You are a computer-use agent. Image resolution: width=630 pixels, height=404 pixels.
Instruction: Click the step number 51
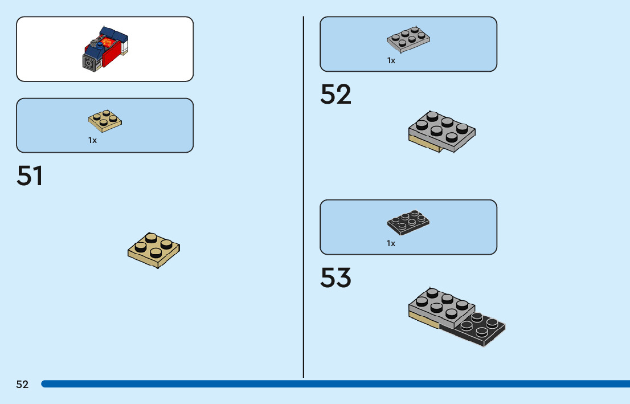click(x=30, y=176)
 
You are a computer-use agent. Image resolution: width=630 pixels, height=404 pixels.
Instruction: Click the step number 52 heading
click(x=336, y=95)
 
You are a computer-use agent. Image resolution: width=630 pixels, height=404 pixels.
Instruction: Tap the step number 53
click(x=336, y=278)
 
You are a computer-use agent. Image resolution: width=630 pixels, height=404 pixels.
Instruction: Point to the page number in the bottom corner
click(x=22, y=385)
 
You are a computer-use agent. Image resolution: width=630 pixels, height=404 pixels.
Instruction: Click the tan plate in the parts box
click(x=105, y=120)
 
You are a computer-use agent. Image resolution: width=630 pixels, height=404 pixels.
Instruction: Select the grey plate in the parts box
click(x=408, y=39)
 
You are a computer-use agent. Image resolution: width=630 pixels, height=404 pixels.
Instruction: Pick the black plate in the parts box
click(x=408, y=222)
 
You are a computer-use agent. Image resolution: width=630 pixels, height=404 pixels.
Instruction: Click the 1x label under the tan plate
click(x=92, y=140)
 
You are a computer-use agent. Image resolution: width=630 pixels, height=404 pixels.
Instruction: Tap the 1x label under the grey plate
click(x=391, y=60)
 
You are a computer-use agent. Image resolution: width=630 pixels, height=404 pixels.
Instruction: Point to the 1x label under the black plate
click(x=391, y=243)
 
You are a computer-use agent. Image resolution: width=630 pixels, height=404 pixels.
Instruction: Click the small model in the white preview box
click(x=106, y=48)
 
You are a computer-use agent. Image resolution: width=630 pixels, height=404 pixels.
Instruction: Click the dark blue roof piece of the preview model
click(x=113, y=35)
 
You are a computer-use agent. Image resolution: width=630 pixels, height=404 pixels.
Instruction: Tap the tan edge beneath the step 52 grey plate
click(x=424, y=147)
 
